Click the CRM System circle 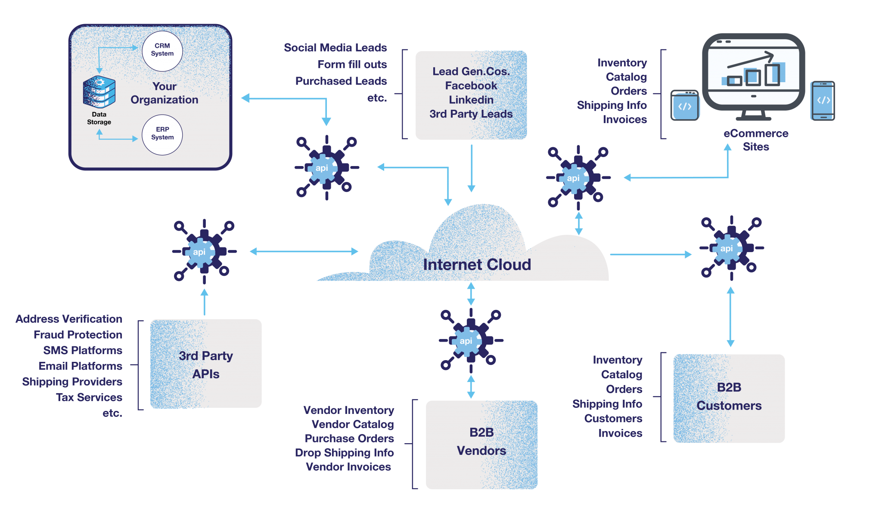point(162,51)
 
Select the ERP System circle point(162,134)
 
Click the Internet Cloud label point(477,265)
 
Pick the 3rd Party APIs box point(206,364)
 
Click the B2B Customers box point(729,398)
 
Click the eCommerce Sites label point(756,140)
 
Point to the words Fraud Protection point(78,335)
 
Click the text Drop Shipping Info point(344,453)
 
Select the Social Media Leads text point(335,48)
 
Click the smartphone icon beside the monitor point(822,101)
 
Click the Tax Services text point(89,397)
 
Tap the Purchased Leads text point(341,81)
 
